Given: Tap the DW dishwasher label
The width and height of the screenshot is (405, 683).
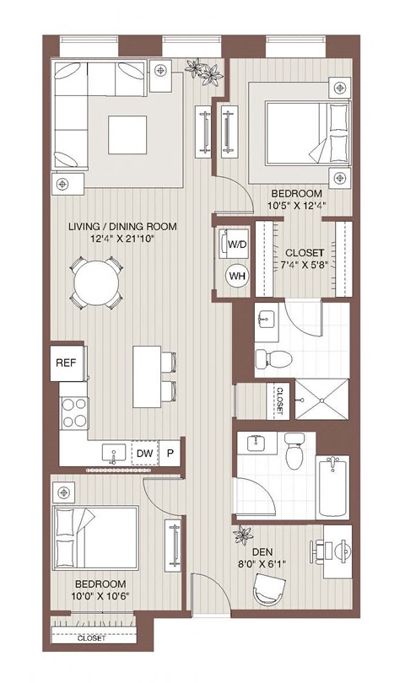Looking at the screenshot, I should point(144,454).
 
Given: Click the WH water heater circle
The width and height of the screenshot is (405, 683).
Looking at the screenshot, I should point(235,276).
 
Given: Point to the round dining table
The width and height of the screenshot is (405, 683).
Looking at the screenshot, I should point(94,282).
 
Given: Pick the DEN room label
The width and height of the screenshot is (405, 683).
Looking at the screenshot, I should point(262,555).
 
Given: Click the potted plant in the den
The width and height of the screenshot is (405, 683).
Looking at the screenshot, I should point(244,533).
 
